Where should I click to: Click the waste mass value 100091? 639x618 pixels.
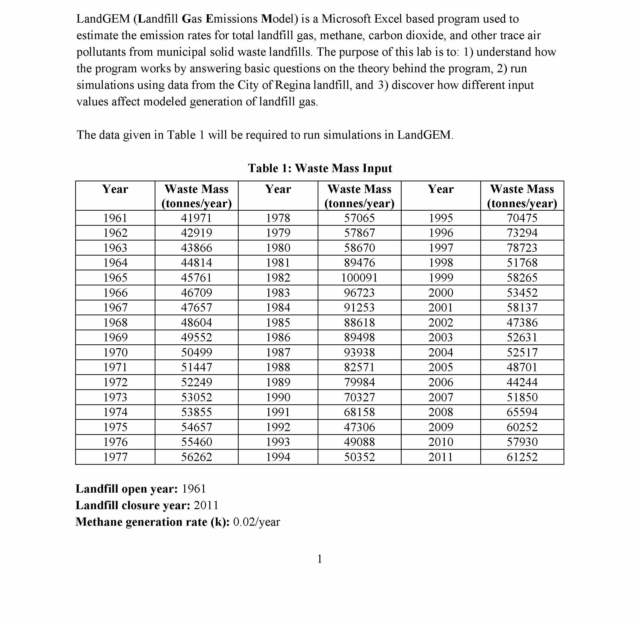[x=359, y=278]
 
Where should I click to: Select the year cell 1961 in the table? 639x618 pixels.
[x=115, y=218]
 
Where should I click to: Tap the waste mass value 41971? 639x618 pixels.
[x=196, y=218]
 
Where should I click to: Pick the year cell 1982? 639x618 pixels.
[x=278, y=278]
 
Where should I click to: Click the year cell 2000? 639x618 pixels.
[x=441, y=292]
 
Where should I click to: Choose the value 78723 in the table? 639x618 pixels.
[x=522, y=248]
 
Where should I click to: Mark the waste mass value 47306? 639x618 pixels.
[x=359, y=427]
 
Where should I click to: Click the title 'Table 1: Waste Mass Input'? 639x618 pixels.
[x=320, y=168]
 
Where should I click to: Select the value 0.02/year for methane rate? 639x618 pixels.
[x=257, y=522]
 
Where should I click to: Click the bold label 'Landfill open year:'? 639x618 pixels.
[x=127, y=489]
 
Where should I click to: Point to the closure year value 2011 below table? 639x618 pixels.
[x=206, y=505]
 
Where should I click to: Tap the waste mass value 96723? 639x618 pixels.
[x=359, y=292]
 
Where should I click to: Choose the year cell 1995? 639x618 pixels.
[x=441, y=218]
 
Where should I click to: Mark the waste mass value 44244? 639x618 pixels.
[x=522, y=382]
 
